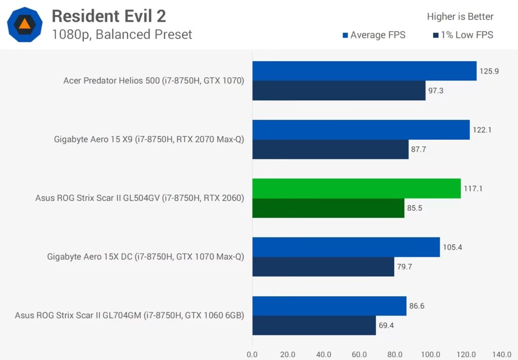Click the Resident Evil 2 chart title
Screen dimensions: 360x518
[109, 16]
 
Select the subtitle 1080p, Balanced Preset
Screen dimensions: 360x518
[122, 34]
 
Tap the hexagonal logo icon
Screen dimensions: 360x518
[25, 24]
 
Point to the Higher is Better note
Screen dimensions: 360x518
[460, 17]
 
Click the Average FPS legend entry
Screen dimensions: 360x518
[374, 35]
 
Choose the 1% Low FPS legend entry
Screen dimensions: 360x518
[463, 35]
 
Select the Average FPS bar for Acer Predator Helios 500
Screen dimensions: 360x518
[364, 71]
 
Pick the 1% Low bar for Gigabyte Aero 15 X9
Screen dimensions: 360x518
[330, 149]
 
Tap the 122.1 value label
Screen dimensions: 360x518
[483, 130]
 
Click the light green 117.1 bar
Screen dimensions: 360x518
[357, 188]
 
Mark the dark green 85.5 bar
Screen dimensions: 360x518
[328, 208]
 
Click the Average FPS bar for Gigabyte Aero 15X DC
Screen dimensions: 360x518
[346, 247]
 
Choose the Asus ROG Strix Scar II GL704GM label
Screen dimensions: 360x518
[129, 315]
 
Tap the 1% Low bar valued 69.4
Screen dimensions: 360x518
[314, 325]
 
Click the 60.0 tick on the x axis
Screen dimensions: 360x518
[359, 354]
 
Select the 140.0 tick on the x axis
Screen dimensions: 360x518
[502, 354]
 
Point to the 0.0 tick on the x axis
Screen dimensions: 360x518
[252, 354]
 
